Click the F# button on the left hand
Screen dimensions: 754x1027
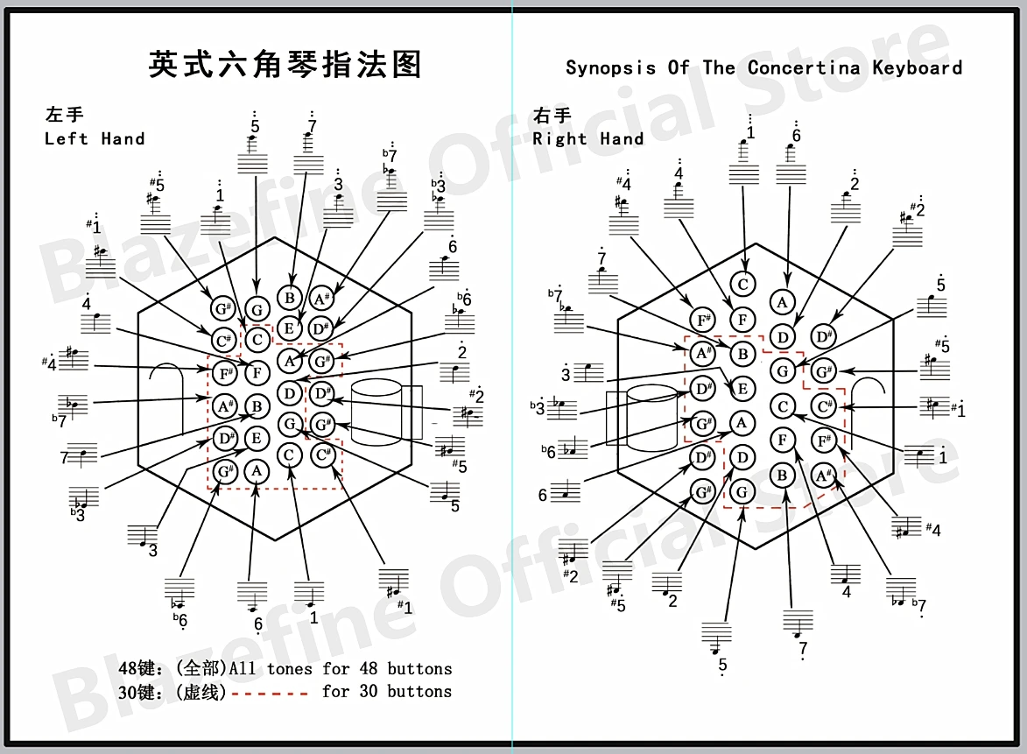click(x=225, y=374)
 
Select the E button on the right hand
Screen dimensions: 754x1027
click(x=742, y=389)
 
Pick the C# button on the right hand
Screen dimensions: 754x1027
click(x=822, y=406)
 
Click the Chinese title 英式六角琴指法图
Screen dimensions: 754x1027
click(x=285, y=64)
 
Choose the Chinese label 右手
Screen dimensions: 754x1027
click(x=552, y=115)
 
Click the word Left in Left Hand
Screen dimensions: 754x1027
click(x=67, y=138)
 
